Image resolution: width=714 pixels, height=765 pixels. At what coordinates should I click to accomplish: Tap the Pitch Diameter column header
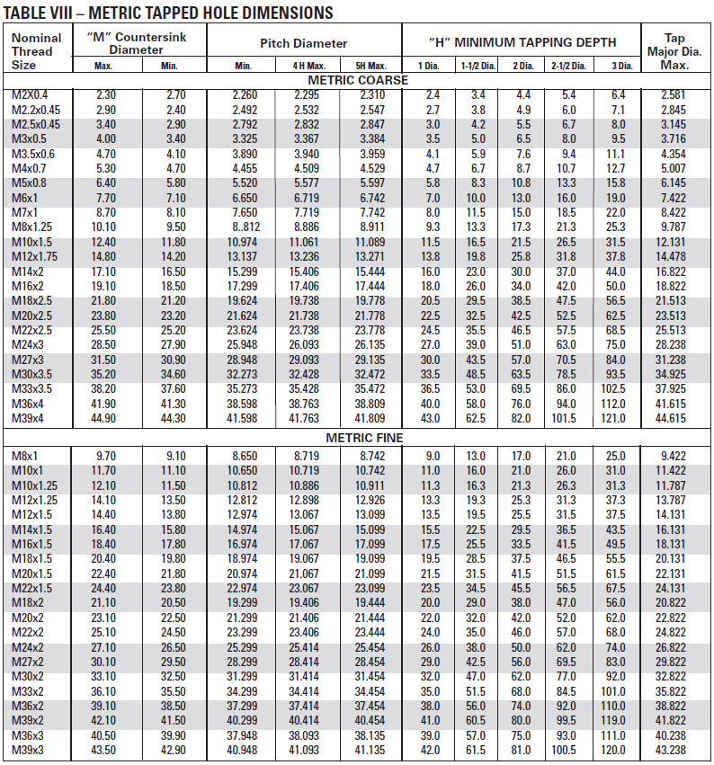303,43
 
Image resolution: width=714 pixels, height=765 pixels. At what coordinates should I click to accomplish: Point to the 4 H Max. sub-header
308,66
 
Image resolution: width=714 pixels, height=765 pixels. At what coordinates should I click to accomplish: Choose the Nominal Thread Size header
37,50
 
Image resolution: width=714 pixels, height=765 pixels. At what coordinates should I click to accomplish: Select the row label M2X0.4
31,94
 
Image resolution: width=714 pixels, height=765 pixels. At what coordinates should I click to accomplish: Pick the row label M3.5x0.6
34,154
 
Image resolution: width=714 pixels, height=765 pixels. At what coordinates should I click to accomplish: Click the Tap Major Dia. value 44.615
674,418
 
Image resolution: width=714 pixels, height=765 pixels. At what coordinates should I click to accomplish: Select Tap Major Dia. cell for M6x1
674,197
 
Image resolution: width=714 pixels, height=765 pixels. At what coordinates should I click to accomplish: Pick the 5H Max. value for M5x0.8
370,182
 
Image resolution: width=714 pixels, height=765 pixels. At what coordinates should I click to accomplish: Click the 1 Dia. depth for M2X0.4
433,94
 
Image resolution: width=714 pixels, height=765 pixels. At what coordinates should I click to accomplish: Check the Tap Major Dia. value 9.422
674,456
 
